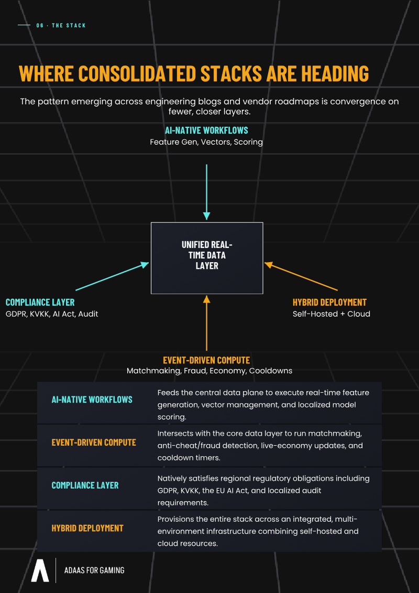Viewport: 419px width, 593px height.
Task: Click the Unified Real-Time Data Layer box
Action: click(207, 258)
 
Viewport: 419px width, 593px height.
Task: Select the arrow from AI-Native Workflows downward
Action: click(207, 192)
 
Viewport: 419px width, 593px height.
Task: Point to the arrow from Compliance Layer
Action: click(112, 276)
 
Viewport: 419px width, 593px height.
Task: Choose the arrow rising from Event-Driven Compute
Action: click(207, 323)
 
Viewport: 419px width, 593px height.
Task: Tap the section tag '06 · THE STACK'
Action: click(61, 25)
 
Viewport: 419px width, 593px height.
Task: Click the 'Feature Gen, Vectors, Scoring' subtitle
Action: click(206, 142)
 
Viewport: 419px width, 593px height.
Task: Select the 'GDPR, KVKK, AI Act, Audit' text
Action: click(52, 314)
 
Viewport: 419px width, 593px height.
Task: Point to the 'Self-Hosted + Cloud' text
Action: click(332, 314)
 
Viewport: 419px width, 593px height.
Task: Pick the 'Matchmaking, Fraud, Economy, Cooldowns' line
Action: click(210, 371)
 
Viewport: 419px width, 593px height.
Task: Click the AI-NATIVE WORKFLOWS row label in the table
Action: click(92, 400)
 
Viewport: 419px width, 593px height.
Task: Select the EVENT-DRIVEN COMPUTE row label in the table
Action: click(94, 442)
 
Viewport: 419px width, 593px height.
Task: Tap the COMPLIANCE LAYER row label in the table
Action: click(85, 485)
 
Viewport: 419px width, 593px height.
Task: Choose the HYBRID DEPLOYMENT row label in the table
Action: click(87, 528)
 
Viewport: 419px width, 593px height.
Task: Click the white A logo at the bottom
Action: click(40, 570)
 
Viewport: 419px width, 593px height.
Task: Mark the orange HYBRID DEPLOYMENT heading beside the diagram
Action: click(329, 302)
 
